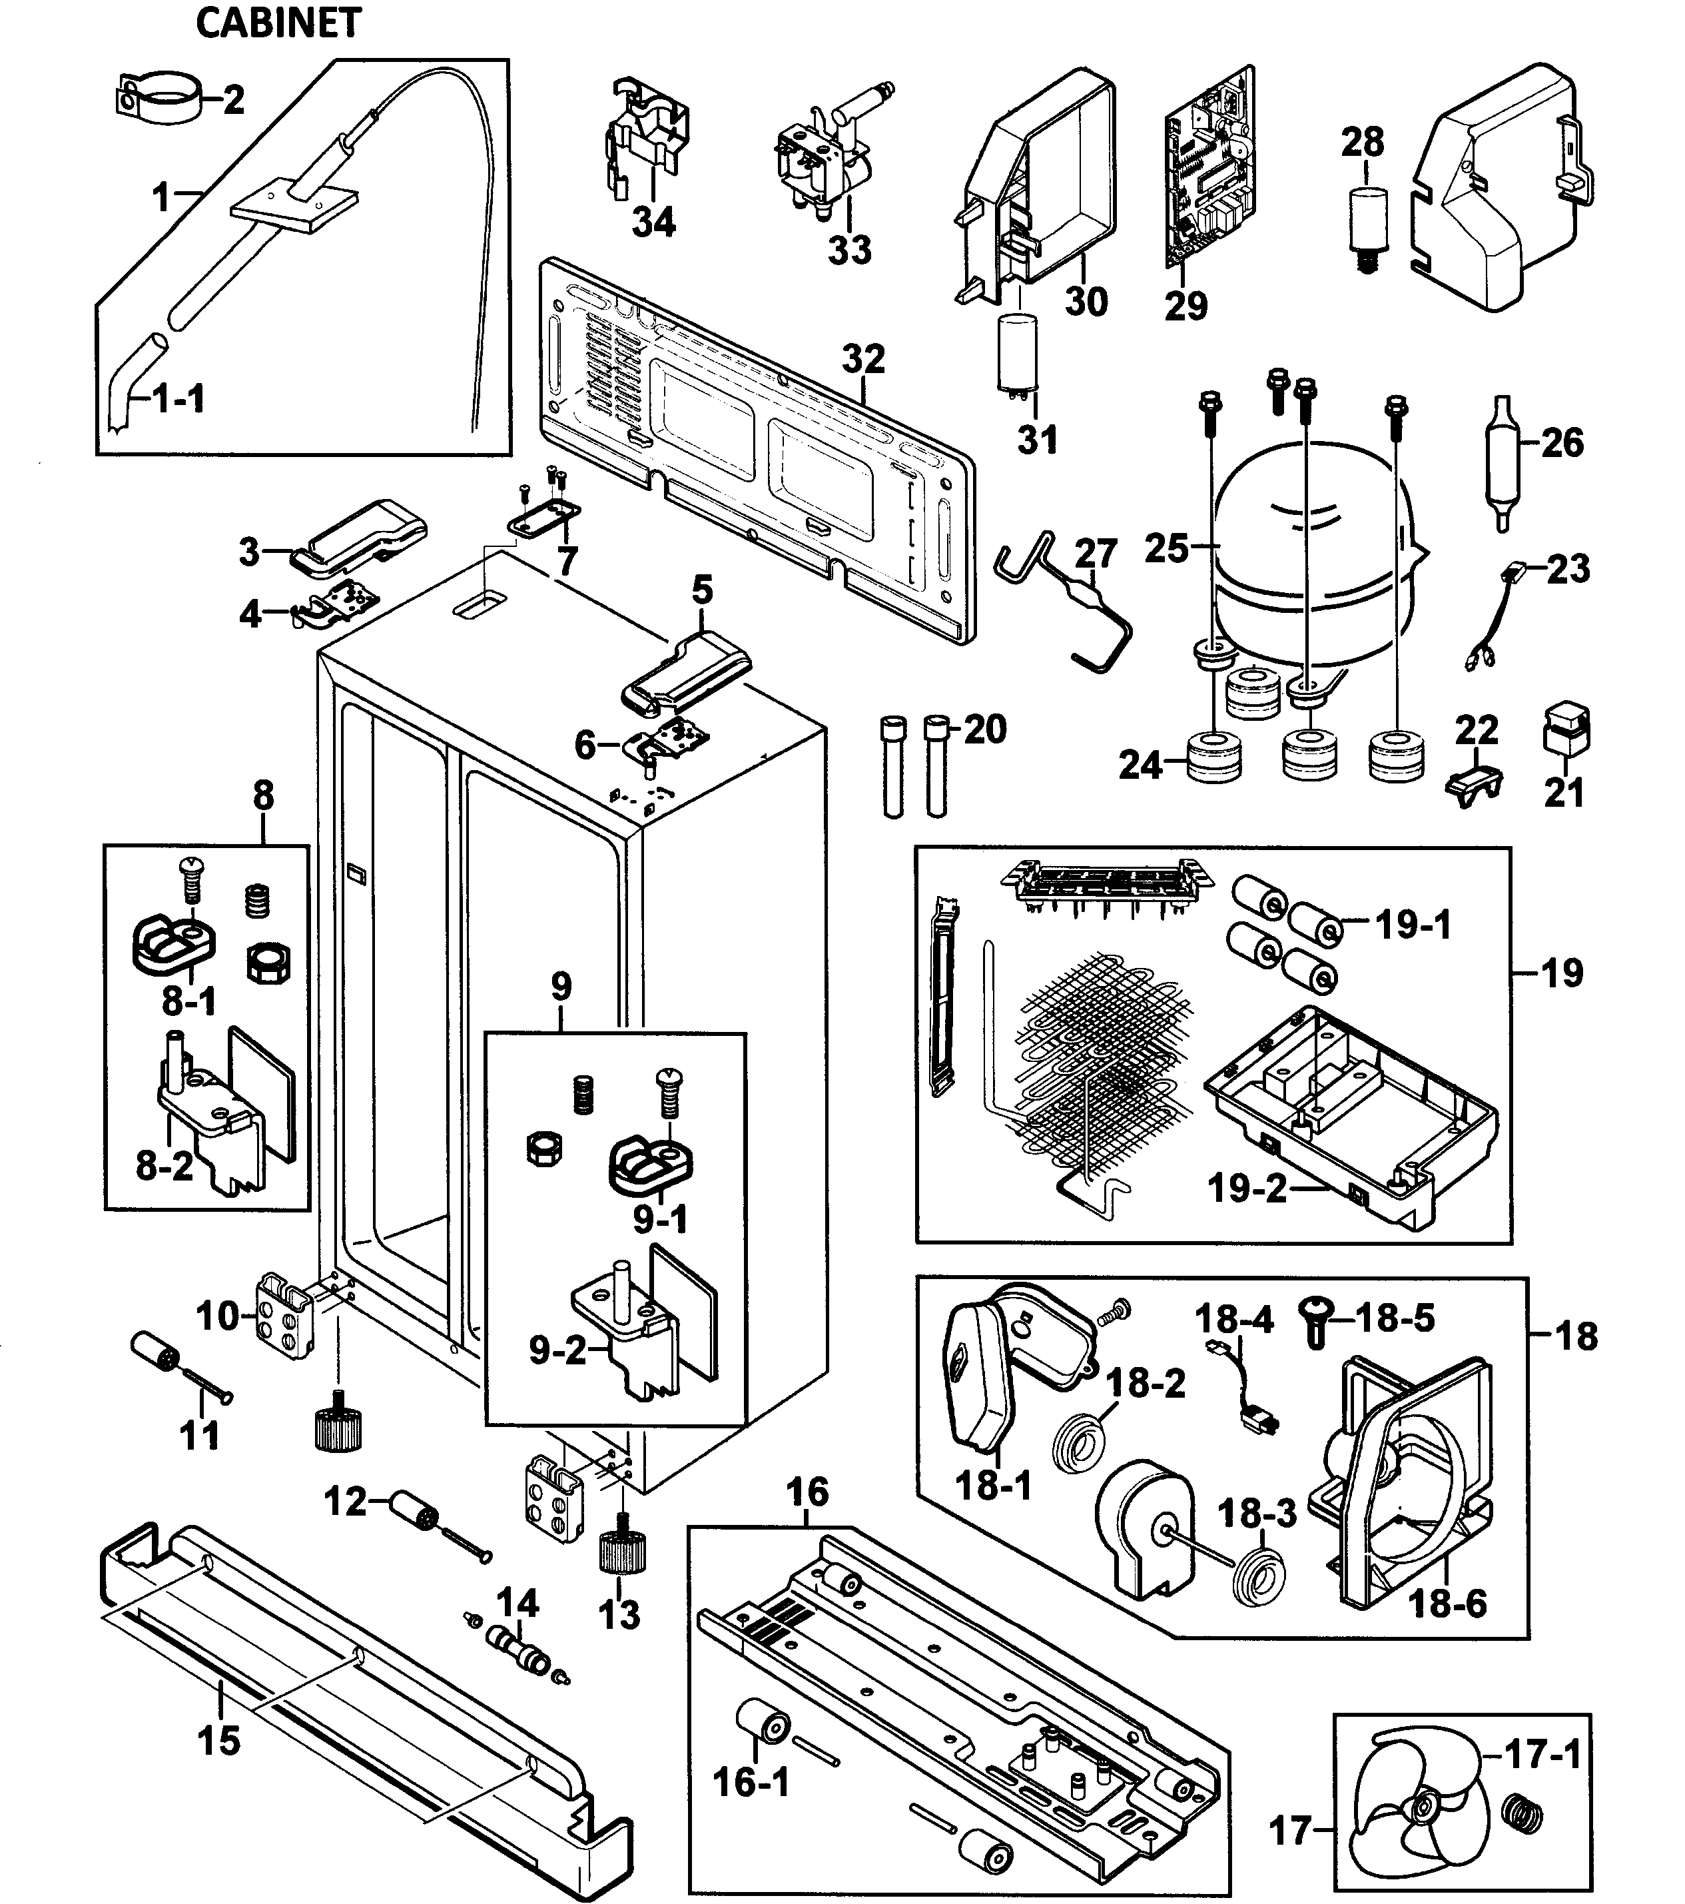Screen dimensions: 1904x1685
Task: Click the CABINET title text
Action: [278, 23]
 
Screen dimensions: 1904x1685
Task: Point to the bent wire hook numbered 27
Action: [1062, 601]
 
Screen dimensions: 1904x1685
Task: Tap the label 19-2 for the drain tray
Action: [1246, 1188]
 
